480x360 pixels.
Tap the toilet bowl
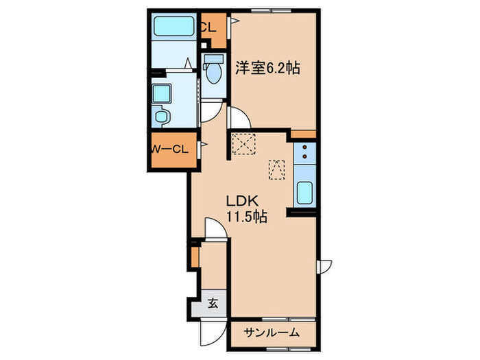pyautogui.click(x=214, y=71)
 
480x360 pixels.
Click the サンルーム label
pyautogui.click(x=272, y=333)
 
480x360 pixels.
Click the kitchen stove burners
pyautogui.click(x=305, y=155)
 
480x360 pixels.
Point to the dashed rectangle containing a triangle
pyautogui.click(x=276, y=169)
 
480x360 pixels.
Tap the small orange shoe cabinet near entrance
pyautogui.click(x=195, y=256)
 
